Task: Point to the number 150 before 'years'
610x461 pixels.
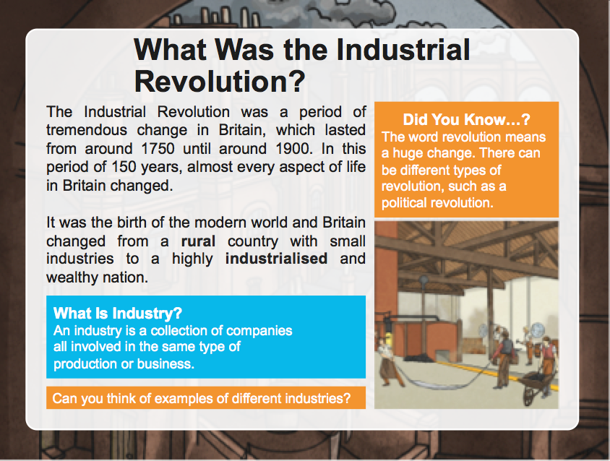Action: click(x=124, y=167)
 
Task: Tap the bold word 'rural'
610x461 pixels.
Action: click(x=199, y=241)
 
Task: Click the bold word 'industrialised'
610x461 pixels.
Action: click(x=276, y=259)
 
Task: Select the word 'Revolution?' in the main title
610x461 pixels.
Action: click(x=220, y=82)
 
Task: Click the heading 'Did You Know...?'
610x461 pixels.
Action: click(x=466, y=119)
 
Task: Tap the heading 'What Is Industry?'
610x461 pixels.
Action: click(x=118, y=313)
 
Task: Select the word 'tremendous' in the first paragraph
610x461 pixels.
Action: click(x=87, y=130)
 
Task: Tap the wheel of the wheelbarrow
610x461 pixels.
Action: click(x=529, y=393)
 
